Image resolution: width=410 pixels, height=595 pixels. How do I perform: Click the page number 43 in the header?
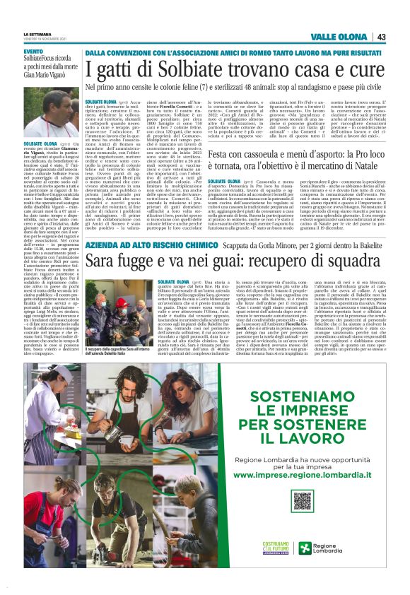[380, 37]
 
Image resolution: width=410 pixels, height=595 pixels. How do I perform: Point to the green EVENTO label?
[33, 52]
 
